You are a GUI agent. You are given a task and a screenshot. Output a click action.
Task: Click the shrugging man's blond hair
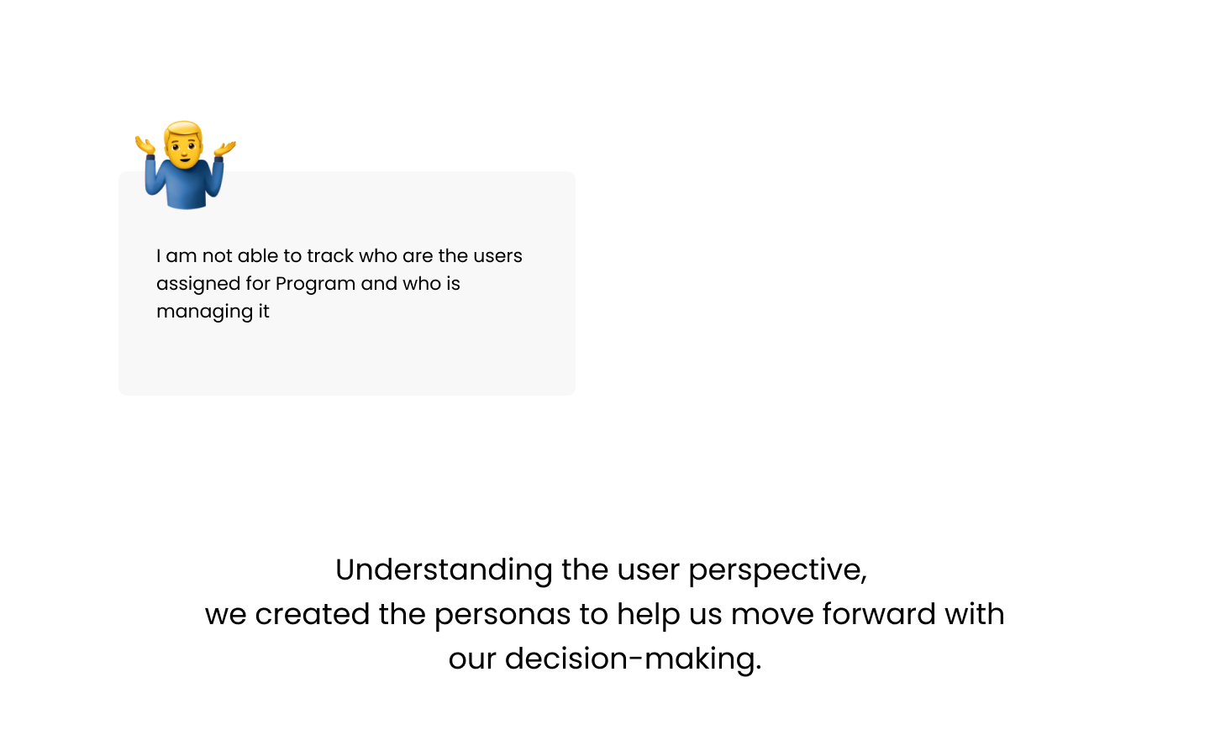pyautogui.click(x=184, y=129)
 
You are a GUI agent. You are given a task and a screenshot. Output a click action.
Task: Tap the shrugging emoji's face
pyautogui.click(x=184, y=149)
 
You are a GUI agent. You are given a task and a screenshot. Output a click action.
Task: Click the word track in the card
pyautogui.click(x=330, y=255)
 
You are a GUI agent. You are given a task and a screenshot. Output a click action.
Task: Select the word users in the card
pyautogui.click(x=498, y=256)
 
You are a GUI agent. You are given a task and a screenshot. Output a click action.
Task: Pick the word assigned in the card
pyautogui.click(x=198, y=284)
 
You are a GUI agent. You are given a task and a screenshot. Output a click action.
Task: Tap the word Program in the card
pyautogui.click(x=315, y=284)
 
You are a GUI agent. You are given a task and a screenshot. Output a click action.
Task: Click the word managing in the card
pyautogui.click(x=205, y=312)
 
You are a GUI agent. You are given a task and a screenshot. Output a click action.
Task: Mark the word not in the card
pyautogui.click(x=217, y=256)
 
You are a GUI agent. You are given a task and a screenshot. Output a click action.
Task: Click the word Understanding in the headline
pyautogui.click(x=444, y=570)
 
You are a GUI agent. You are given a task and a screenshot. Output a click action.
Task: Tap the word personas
pyautogui.click(x=502, y=615)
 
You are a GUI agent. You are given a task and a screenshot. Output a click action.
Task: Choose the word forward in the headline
pyautogui.click(x=879, y=614)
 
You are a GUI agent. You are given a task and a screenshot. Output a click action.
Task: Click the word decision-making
pyautogui.click(x=633, y=659)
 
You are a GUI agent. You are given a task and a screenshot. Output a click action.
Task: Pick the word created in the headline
pyautogui.click(x=313, y=614)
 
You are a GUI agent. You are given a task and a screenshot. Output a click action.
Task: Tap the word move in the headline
pyautogui.click(x=772, y=616)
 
